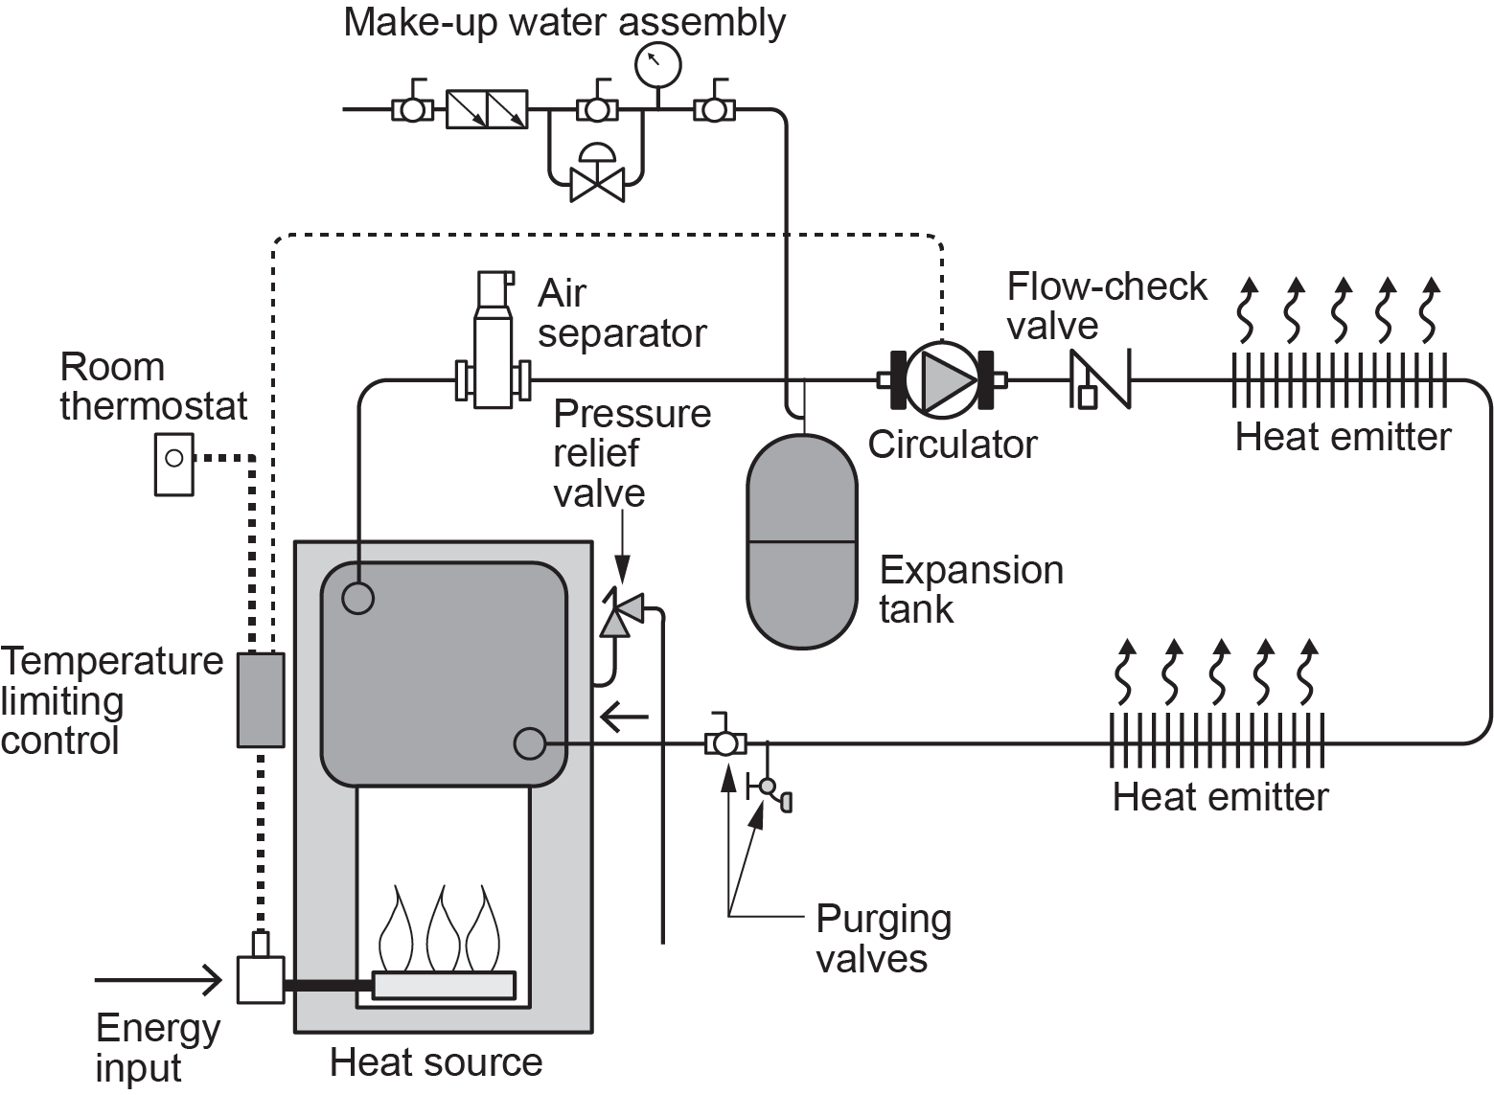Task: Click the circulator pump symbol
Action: (941, 380)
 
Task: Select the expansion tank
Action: (801, 541)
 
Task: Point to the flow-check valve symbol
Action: (1100, 379)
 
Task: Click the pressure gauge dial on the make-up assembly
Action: (657, 63)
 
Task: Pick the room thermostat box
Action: (173, 464)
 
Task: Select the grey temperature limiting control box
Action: (261, 699)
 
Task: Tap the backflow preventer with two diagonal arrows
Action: (487, 109)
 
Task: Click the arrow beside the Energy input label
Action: (158, 980)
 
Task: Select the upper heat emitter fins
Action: (1339, 380)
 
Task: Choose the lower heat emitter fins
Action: (1217, 741)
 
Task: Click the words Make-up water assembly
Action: (564, 22)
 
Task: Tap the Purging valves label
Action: (883, 938)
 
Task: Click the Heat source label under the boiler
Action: (436, 1062)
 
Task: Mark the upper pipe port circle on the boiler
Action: (357, 598)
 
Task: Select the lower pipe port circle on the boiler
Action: (530, 742)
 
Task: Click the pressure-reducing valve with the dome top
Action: (597, 173)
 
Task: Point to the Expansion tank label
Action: (971, 589)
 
